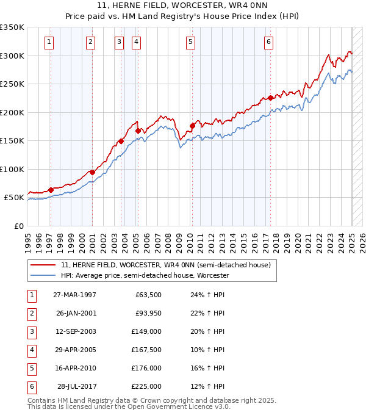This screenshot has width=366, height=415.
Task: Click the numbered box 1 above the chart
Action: [x=48, y=41]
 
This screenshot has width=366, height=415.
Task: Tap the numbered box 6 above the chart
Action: [x=268, y=41]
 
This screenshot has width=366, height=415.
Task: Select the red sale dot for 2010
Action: [x=192, y=126]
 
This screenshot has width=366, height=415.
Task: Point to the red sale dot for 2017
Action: [x=270, y=98]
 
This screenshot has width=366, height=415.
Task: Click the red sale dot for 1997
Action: [x=51, y=190]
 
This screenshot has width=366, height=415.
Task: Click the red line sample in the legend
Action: [x=43, y=265]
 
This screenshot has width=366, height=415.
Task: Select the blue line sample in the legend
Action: [x=43, y=276]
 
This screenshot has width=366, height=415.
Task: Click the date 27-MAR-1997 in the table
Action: [x=75, y=295]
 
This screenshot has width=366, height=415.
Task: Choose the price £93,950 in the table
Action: [x=147, y=313]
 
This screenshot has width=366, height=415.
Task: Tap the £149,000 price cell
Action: [x=146, y=331]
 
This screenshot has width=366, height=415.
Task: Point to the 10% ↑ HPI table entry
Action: [x=207, y=350]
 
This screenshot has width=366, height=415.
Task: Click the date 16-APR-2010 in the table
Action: [x=75, y=368]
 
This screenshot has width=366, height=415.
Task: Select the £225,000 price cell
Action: [x=146, y=386]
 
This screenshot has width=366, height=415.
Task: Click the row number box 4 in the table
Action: [x=30, y=350]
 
